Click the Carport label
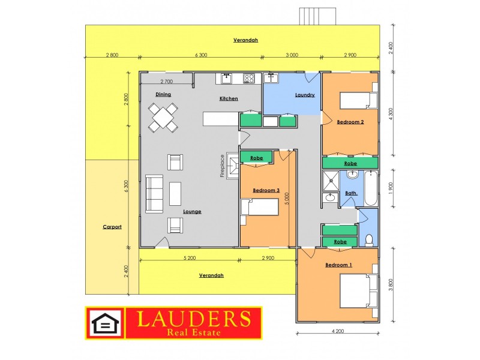tap(112, 227)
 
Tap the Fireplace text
tap(222, 166)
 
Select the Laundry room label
tap(305, 95)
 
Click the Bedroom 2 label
tap(350, 122)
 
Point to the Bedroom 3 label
tap(266, 190)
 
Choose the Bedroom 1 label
tap(339, 265)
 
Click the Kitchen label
tap(229, 98)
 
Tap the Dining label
tap(163, 94)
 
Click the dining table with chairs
tap(163, 117)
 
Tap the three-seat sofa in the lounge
tap(154, 193)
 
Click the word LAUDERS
tap(194, 319)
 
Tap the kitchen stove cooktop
tap(250, 77)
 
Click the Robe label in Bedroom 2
tap(350, 163)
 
